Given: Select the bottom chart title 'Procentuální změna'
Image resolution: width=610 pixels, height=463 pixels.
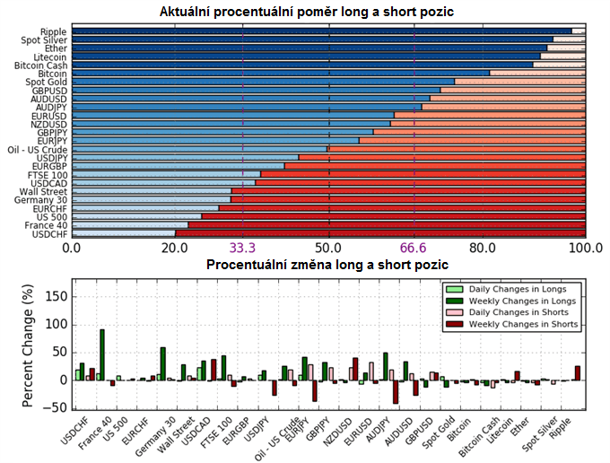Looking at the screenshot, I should coord(327,265).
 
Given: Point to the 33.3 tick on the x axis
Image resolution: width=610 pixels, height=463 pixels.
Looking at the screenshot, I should coord(243,248).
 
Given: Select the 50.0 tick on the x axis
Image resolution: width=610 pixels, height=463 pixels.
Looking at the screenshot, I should coord(329,248).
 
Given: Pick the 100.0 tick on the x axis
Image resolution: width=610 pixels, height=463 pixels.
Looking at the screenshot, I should coord(586,248).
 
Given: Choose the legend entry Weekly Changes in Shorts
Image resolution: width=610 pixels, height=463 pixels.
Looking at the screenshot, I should coord(524,324).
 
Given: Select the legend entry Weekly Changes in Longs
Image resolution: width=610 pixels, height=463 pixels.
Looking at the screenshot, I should coord(522,301).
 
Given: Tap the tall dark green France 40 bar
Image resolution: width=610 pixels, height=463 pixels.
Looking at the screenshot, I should coord(101,355).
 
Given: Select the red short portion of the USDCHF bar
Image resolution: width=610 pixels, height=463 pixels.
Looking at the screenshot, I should coord(377,233).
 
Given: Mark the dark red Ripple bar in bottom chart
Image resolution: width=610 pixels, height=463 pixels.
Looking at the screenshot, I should coord(577,372).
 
